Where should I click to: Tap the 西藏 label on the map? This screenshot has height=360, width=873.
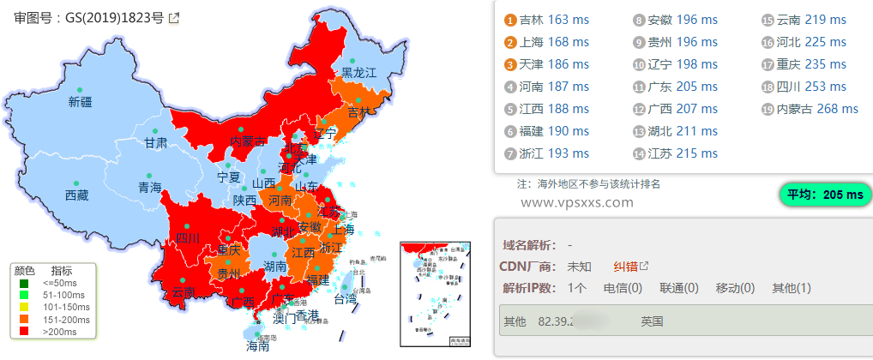[76, 195]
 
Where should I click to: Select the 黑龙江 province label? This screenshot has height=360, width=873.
[359, 73]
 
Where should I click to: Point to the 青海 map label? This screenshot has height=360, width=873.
[149, 187]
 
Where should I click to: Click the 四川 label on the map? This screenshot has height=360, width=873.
[187, 237]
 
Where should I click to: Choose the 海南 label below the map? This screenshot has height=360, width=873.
[258, 347]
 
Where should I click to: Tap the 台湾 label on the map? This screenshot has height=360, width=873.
[345, 300]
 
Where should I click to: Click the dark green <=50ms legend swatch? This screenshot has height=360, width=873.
[24, 282]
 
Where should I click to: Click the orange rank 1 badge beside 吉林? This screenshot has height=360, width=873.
[510, 20]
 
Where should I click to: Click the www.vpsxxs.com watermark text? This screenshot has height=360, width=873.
[576, 203]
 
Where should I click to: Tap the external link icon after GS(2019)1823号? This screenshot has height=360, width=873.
[174, 17]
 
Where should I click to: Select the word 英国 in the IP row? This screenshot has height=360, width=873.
[652, 322]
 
